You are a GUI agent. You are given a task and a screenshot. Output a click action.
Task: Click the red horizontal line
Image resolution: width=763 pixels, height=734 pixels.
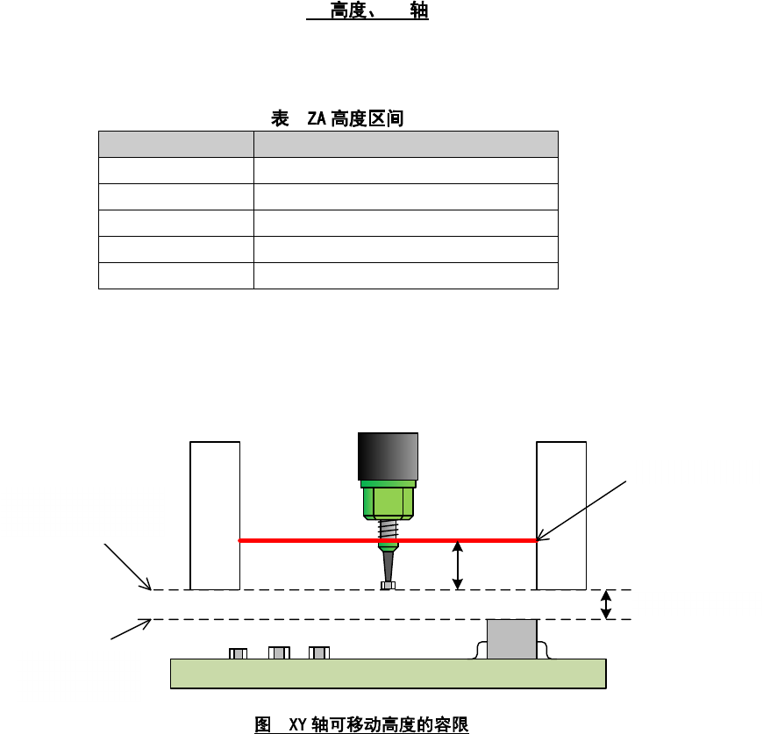tap(307, 541)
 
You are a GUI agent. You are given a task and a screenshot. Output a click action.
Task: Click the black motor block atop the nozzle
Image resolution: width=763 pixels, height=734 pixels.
tap(387, 456)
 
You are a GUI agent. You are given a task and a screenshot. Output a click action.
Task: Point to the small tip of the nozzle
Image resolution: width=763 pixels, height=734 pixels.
tap(388, 585)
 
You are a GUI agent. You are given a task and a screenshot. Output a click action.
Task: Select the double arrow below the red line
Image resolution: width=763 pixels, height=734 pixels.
tap(457, 566)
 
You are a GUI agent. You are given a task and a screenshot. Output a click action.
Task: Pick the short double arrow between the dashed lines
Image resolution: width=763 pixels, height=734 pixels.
tap(604, 605)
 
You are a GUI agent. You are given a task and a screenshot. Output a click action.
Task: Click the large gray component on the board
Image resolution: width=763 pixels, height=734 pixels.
tap(511, 640)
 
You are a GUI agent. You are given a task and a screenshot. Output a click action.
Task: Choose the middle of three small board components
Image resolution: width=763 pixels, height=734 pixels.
tap(279, 653)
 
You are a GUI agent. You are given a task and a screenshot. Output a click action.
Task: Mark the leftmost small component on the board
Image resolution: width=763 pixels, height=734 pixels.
tap(238, 653)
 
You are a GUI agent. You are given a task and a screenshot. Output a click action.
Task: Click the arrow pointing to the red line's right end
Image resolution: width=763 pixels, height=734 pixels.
tap(583, 509)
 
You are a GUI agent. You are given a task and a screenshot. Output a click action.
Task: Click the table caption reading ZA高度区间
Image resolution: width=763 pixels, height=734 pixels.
tap(338, 118)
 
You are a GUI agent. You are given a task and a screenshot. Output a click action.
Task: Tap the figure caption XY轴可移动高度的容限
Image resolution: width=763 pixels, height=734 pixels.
tap(362, 724)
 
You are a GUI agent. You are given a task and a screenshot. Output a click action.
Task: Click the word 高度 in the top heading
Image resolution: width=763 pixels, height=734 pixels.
tap(347, 11)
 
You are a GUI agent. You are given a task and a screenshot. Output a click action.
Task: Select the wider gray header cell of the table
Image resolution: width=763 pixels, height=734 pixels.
tap(405, 144)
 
